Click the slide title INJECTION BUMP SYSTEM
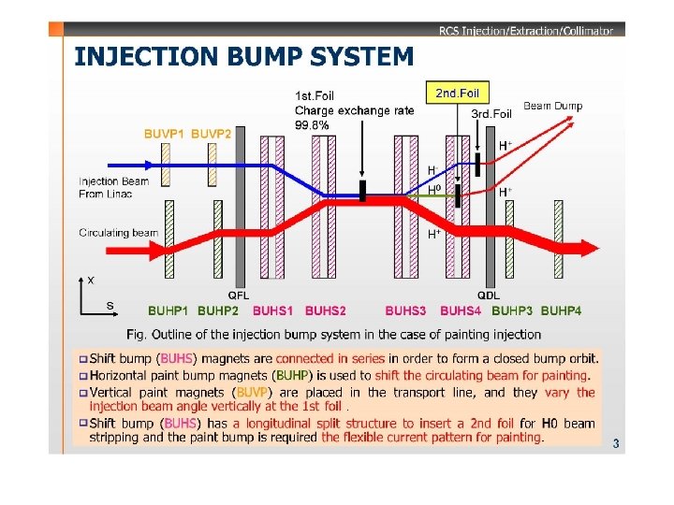pos(243,57)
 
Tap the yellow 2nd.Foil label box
pos(458,93)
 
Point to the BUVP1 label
pos(164,134)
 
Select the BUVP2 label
pos(212,134)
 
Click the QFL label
pos(239,296)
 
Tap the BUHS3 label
pos(405,310)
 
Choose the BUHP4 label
pos(562,310)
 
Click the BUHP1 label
pos(168,310)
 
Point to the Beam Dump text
pos(552,106)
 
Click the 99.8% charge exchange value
pos(312,125)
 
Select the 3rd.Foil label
pos(491,114)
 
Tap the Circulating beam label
pos(119,233)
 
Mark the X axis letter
pos(90,279)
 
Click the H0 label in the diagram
pos(433,191)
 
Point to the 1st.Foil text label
pos(315,95)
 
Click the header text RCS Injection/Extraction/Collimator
pos(525,31)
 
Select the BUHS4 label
pos(461,310)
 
